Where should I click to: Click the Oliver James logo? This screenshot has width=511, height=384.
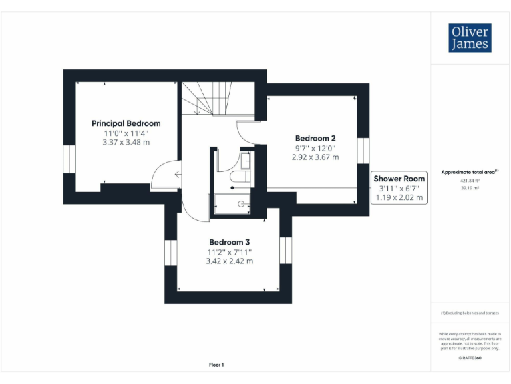click(470, 38)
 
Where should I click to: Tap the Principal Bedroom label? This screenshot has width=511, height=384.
click(126, 123)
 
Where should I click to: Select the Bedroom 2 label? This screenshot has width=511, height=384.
click(315, 139)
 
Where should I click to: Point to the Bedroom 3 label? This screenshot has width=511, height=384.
click(229, 242)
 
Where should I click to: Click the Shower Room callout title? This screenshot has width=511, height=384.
click(399, 179)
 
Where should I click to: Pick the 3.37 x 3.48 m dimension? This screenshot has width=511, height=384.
click(126, 142)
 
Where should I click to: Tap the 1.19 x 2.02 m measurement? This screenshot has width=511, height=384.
click(399, 197)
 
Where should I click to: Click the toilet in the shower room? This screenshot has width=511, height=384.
click(238, 178)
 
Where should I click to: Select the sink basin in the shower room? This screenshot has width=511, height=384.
click(246, 161)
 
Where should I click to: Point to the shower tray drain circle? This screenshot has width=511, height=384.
click(241, 205)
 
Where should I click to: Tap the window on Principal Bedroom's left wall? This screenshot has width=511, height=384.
click(69, 159)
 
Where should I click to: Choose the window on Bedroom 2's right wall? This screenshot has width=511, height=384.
click(363, 150)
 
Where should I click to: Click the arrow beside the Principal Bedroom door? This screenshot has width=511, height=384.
click(176, 175)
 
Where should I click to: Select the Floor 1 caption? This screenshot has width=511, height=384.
click(216, 365)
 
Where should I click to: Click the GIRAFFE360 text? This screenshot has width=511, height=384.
click(470, 358)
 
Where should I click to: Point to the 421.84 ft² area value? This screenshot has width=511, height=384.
click(470, 181)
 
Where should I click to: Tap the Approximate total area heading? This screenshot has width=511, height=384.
click(470, 172)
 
